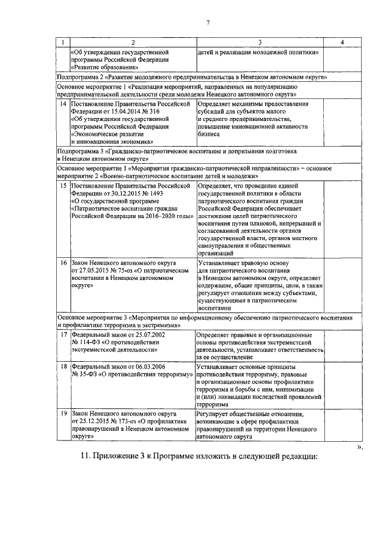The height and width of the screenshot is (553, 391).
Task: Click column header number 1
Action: coord(63,42)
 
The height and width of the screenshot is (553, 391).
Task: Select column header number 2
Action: coord(133,42)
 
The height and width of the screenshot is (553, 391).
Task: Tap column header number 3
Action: coord(260,42)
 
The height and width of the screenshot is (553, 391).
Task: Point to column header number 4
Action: coord(342,42)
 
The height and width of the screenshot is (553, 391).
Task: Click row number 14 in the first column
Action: coord(64,104)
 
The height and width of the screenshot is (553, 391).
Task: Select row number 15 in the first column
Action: coord(64,185)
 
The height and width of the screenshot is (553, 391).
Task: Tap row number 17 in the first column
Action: coord(64,335)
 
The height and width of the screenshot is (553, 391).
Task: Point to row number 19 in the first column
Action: coord(64,414)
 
